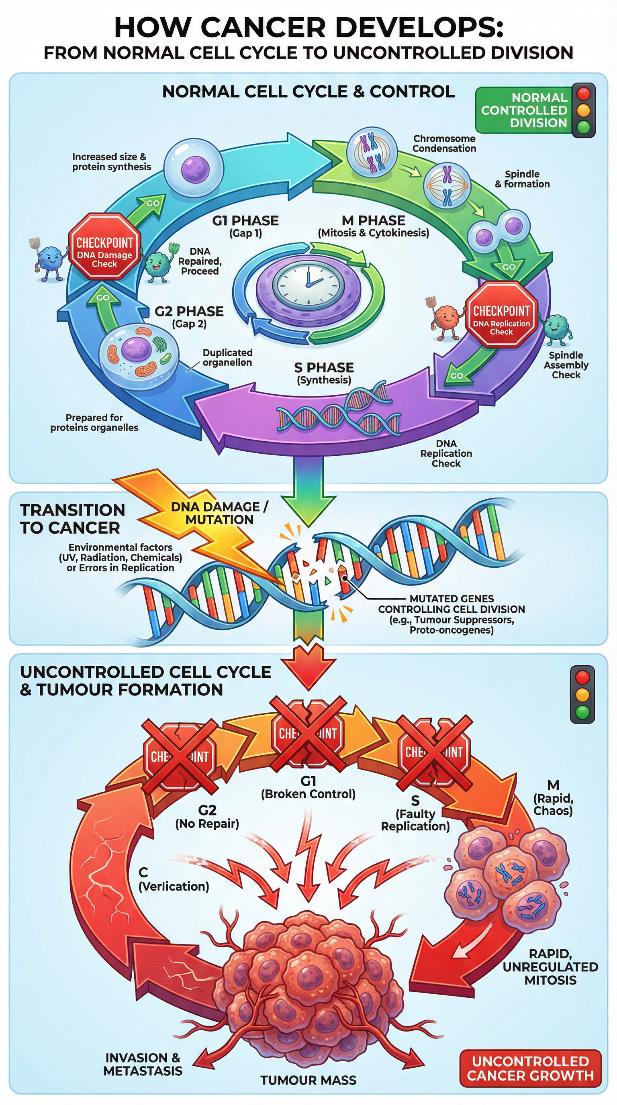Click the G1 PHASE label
[x=245, y=221]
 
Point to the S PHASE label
[x=324, y=368]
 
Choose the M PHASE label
[x=373, y=221]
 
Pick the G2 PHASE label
[x=189, y=312]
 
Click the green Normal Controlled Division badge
[x=524, y=110]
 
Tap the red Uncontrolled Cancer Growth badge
[x=530, y=1068]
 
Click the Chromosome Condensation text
[x=444, y=144]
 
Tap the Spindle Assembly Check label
[x=566, y=365]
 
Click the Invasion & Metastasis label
[x=143, y=1064]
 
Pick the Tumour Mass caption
[x=308, y=1080]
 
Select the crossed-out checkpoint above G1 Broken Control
[x=308, y=734]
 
